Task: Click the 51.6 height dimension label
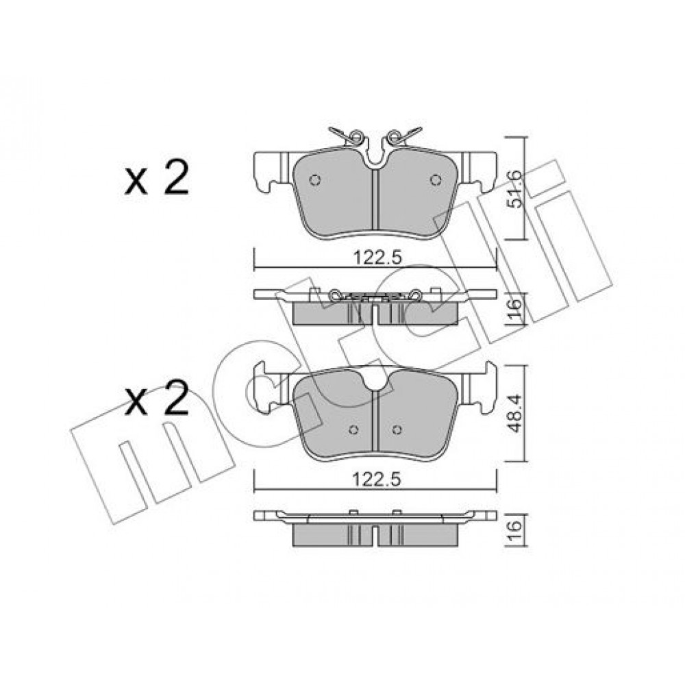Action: point(516,188)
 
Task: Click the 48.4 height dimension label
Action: point(516,413)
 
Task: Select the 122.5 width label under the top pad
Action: point(377,258)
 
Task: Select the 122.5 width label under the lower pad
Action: point(377,480)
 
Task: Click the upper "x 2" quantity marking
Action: point(156,178)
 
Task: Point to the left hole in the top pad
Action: point(315,179)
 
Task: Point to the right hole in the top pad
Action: point(436,179)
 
